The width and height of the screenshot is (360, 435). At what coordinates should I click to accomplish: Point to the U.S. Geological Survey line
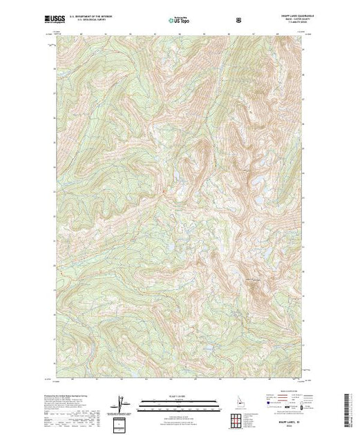click(x=94, y=21)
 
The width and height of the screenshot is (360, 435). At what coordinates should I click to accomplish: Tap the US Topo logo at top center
click(x=178, y=19)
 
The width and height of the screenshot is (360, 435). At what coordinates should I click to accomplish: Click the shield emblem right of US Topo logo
click(x=238, y=19)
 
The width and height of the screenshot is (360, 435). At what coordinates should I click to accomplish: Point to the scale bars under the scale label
click(x=180, y=403)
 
